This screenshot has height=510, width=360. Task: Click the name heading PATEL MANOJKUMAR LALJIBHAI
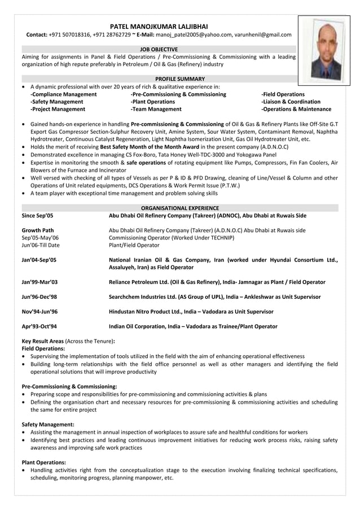[159, 26]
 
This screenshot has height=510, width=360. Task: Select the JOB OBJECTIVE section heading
[159, 49]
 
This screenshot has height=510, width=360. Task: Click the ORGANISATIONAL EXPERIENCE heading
[180, 208]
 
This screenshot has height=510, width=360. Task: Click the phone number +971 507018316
[69, 34]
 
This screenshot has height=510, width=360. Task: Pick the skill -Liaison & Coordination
[291, 102]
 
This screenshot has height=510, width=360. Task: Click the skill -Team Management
[156, 109]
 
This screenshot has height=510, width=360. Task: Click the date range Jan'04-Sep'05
[39, 260]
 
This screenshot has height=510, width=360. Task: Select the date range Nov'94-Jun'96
[39, 311]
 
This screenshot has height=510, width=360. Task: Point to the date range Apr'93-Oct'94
[39, 326]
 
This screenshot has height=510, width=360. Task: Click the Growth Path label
[38, 230]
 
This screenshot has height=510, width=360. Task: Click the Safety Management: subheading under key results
[48, 424]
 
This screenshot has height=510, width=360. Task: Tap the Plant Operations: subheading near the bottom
[44, 461]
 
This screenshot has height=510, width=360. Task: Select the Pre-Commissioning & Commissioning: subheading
[69, 386]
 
